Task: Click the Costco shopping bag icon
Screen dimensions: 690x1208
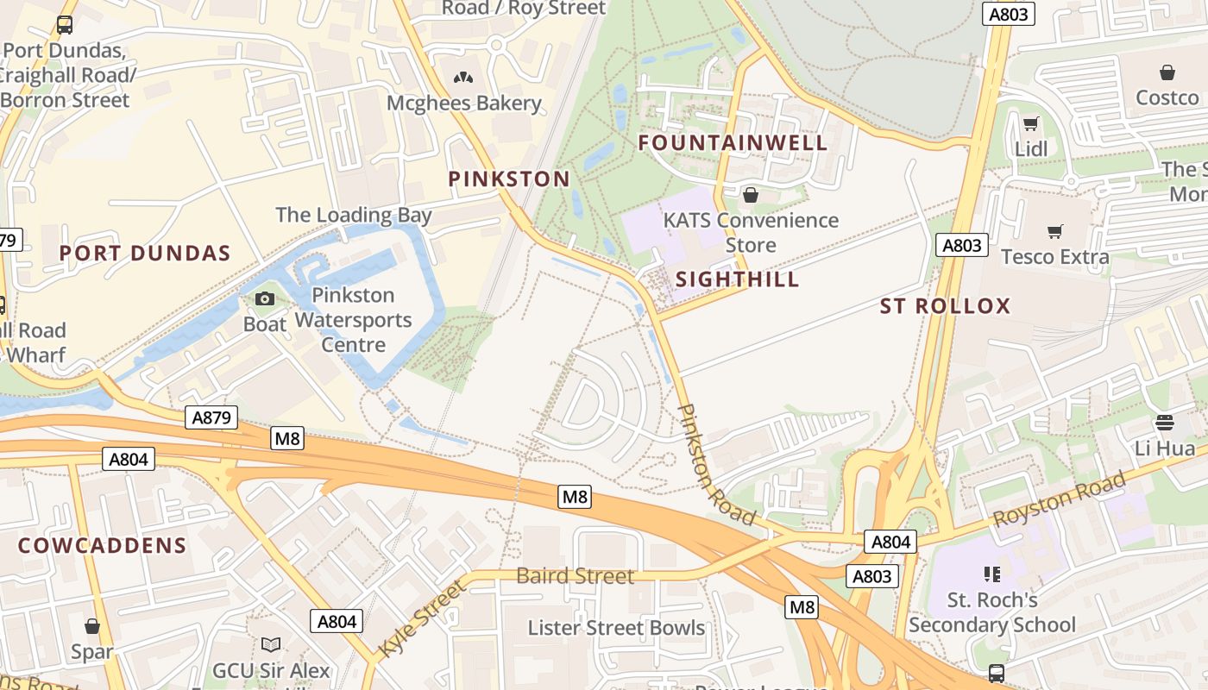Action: pyautogui.click(x=1167, y=72)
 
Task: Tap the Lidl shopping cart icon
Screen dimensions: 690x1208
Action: pyautogui.click(x=1030, y=123)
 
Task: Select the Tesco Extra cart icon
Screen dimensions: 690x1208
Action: pyautogui.click(x=1054, y=231)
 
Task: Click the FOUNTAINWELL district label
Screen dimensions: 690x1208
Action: pyautogui.click(x=733, y=143)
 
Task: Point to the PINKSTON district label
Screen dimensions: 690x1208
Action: pyautogui.click(x=509, y=179)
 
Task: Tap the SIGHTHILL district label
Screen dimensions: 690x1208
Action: pyautogui.click(x=737, y=279)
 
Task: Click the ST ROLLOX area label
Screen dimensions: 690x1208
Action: pyautogui.click(x=945, y=306)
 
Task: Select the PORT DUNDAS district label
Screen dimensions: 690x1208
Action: pyautogui.click(x=145, y=254)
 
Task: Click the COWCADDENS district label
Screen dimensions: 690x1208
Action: pyautogui.click(x=102, y=546)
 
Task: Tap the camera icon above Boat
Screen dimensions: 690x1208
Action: pyautogui.click(x=265, y=299)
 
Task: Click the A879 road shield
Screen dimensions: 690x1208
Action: pyautogui.click(x=211, y=418)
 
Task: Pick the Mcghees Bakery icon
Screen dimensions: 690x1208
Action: pyautogui.click(x=463, y=78)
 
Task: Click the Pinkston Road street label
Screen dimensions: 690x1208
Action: pyautogui.click(x=716, y=466)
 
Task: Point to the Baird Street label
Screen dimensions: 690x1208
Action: pyautogui.click(x=575, y=576)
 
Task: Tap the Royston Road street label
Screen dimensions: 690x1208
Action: pyautogui.click(x=1060, y=500)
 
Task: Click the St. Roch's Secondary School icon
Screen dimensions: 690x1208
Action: pyautogui.click(x=991, y=574)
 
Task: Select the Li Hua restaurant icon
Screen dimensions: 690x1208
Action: pyautogui.click(x=1165, y=423)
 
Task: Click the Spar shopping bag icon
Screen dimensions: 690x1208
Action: pyautogui.click(x=92, y=626)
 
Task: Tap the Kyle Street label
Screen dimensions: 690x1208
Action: pyautogui.click(x=422, y=618)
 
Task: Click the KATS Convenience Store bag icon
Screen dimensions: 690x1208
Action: pyautogui.click(x=750, y=195)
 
